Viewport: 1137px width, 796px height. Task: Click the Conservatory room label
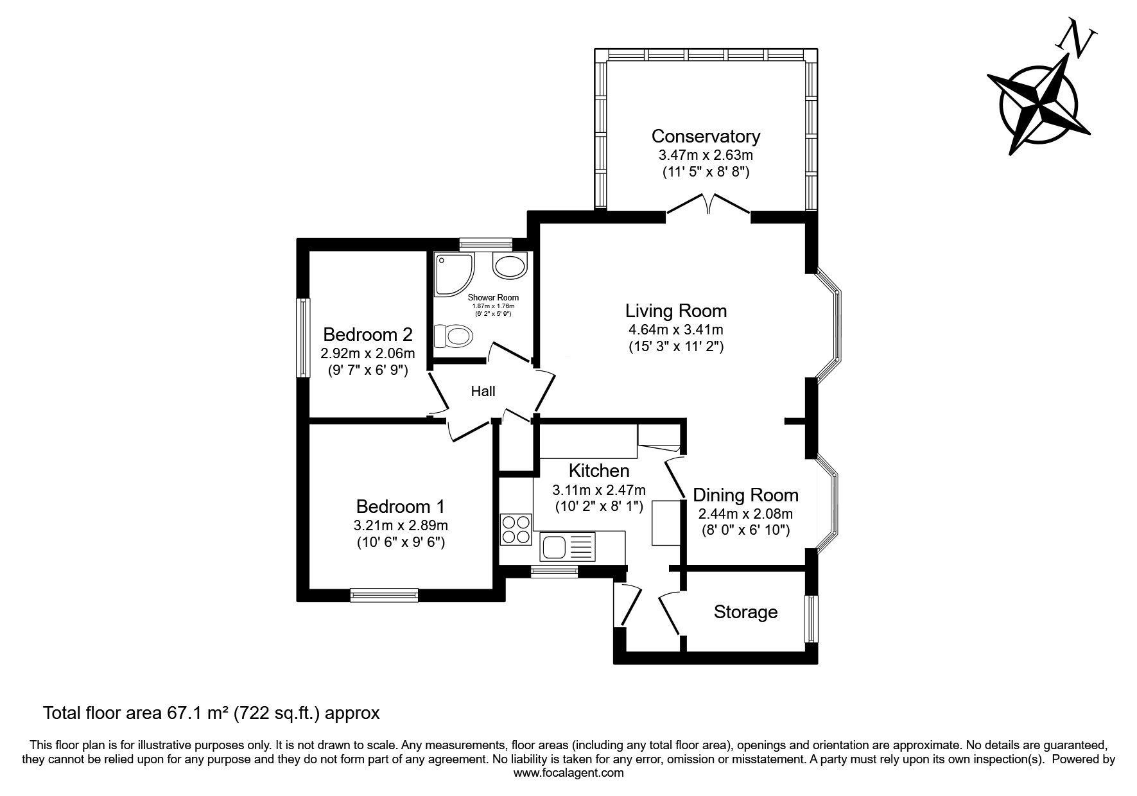pos(706,136)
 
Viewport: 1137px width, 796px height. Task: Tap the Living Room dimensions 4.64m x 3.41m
pos(676,330)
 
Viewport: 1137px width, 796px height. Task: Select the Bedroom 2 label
pos(368,334)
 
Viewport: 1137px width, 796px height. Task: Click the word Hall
pos(483,391)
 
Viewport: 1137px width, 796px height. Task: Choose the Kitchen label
pos(599,471)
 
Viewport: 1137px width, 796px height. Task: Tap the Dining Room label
pos(745,495)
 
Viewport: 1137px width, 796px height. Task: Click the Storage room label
pos(745,612)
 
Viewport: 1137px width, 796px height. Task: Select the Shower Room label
pos(493,297)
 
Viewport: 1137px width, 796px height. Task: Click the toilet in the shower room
pos(453,336)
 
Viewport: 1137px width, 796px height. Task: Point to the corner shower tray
pos(455,274)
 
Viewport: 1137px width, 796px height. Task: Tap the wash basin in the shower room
pos(510,265)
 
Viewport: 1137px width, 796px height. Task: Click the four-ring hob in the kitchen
pos(516,530)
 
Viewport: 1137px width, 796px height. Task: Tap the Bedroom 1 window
pos(385,595)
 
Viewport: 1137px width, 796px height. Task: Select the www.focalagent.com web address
pos(569,773)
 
